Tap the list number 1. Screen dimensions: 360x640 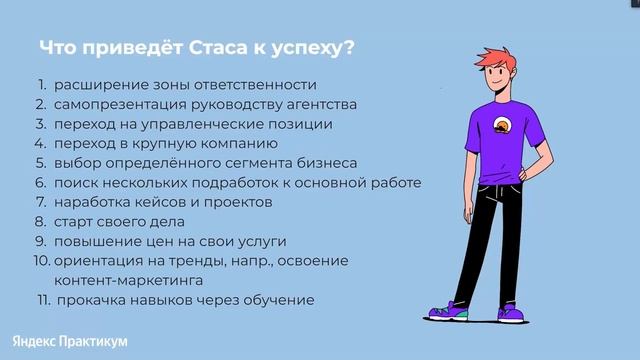pos(42,86)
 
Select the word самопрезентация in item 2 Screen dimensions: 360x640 pos(116,105)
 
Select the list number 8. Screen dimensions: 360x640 pos(41,221)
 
